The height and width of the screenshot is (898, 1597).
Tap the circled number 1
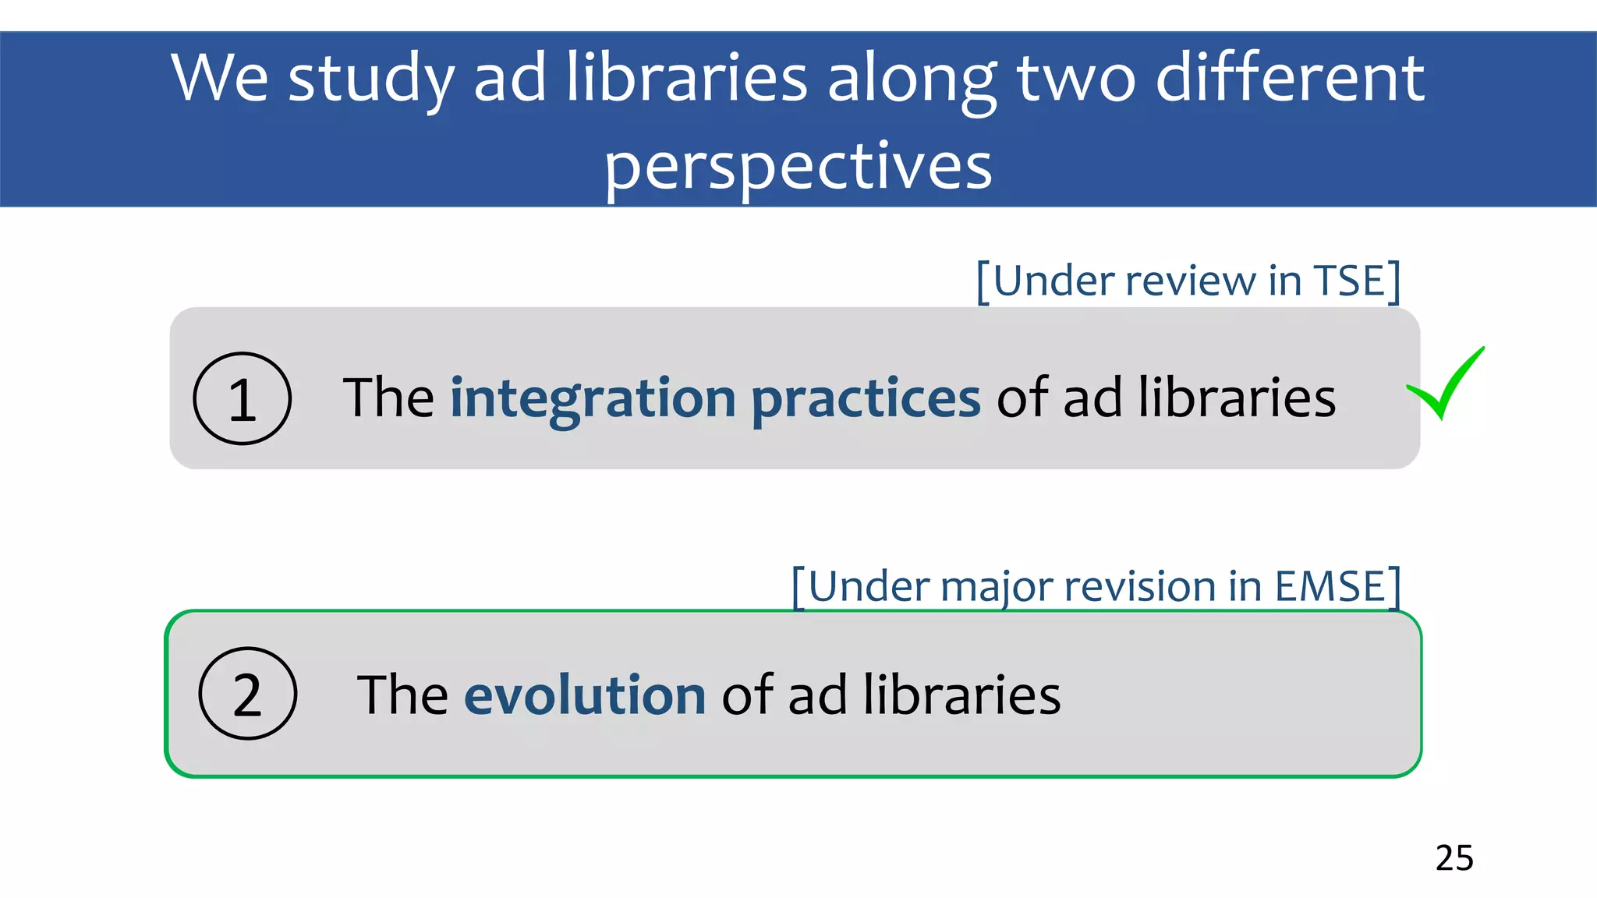pyautogui.click(x=243, y=399)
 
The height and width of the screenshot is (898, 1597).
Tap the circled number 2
pyautogui.click(x=248, y=694)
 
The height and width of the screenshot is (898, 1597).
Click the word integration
pyautogui.click(x=593, y=398)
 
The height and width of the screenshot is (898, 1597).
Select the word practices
pyautogui.click(x=866, y=398)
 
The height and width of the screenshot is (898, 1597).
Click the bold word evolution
pyautogui.click(x=585, y=695)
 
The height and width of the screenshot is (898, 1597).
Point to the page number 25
pyautogui.click(x=1454, y=858)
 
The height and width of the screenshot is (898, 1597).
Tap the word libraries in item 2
pyautogui.click(x=962, y=695)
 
